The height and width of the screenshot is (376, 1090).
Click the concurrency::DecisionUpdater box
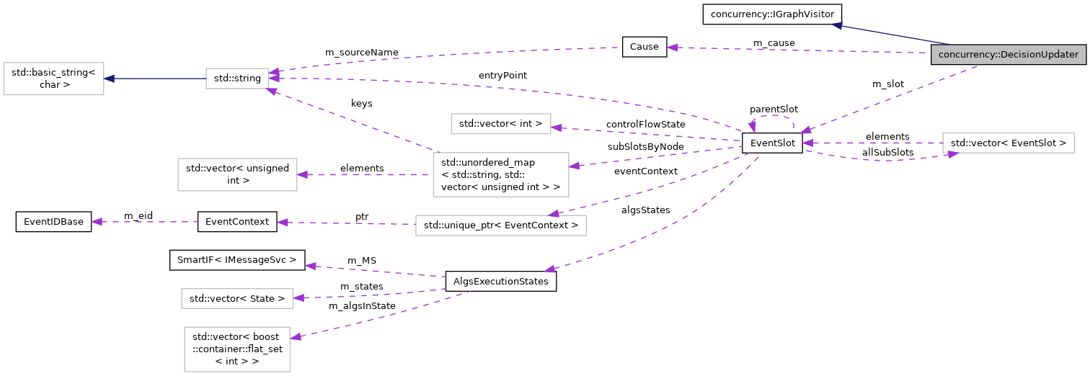click(x=1008, y=55)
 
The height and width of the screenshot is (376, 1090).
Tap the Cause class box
click(x=644, y=47)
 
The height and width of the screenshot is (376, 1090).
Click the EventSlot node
click(x=772, y=143)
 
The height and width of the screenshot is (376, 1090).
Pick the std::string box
click(x=237, y=79)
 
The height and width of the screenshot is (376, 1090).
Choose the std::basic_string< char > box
click(x=54, y=79)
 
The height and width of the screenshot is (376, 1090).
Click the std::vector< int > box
click(x=501, y=123)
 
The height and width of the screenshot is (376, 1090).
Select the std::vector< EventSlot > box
click(x=1008, y=143)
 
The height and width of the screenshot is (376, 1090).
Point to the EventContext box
click(x=237, y=222)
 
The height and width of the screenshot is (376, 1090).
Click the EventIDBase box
click(x=54, y=222)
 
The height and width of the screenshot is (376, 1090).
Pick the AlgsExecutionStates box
click(x=501, y=282)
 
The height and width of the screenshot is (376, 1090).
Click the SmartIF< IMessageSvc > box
click(x=237, y=260)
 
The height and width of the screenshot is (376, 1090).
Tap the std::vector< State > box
click(x=237, y=297)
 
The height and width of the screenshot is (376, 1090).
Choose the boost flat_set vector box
click(x=237, y=349)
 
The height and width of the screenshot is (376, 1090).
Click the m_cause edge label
click(x=774, y=43)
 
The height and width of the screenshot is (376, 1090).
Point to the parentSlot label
click(x=774, y=109)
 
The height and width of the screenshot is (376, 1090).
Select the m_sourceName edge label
click(x=362, y=53)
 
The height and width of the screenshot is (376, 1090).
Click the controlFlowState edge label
click(x=645, y=125)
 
